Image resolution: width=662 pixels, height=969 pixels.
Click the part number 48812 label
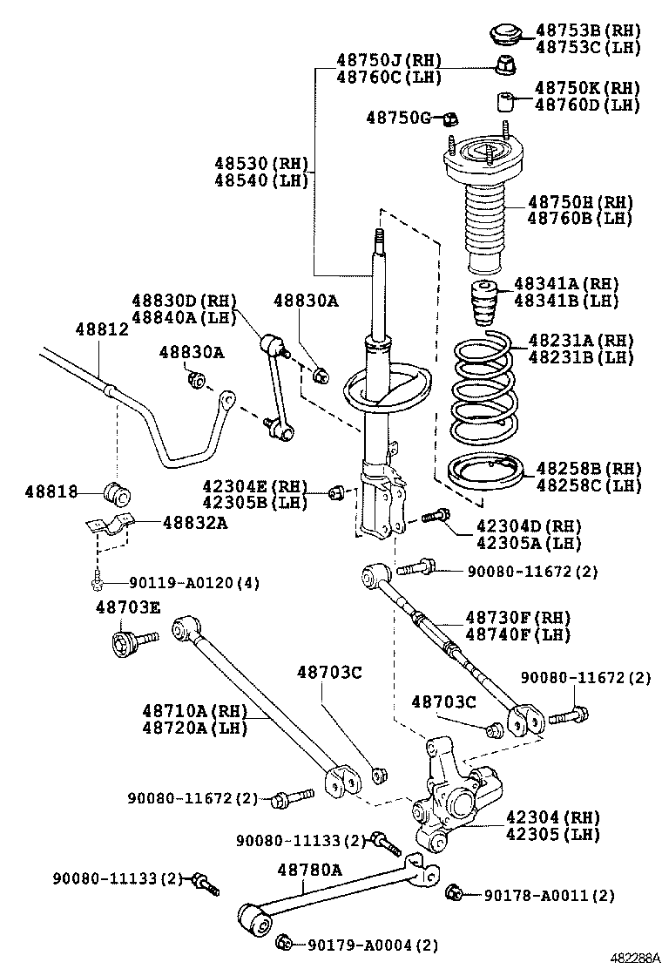coord(101,330)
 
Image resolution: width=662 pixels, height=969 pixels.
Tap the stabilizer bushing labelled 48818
coord(117,493)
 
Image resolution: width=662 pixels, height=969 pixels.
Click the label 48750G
coord(398,117)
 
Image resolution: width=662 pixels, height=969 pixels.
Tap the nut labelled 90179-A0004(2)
coord(283,941)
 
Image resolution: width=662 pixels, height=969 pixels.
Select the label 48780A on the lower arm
coord(309,869)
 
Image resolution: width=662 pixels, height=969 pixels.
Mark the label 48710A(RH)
coord(194,712)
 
